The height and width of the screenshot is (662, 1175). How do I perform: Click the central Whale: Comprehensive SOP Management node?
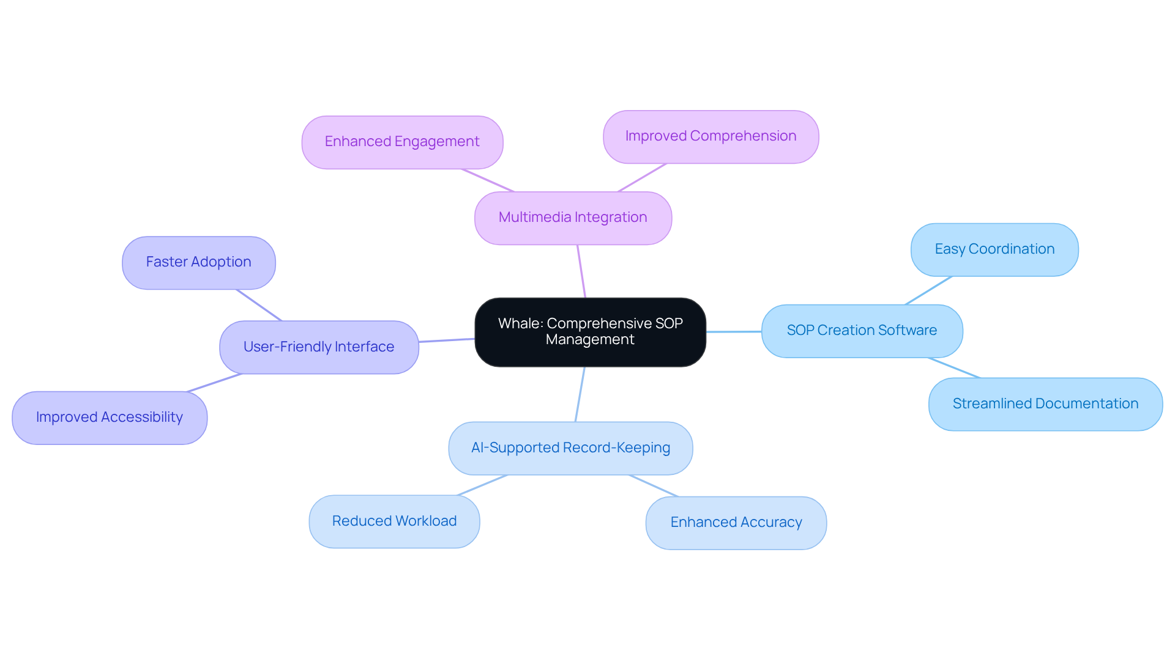[590, 332]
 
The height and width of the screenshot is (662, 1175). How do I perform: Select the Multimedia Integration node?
[573, 218]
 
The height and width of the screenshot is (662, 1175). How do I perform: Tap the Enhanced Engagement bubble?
[402, 142]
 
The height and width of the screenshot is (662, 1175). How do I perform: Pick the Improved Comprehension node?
[711, 136]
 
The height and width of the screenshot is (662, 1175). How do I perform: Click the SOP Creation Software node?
[862, 331]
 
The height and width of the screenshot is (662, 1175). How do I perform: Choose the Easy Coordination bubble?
[994, 249]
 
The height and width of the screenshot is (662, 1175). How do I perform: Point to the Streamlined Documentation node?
[1045, 404]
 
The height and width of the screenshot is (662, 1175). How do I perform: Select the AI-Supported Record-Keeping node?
[570, 448]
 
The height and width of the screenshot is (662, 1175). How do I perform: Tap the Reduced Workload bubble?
[394, 521]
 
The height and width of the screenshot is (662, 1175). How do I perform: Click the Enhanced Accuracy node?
[736, 523]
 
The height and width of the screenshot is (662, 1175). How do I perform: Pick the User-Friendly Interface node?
[319, 347]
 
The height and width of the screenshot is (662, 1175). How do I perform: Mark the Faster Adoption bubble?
[198, 262]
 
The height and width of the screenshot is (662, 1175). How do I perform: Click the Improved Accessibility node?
[110, 417]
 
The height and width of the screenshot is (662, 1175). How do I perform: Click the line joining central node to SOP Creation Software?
[734, 332]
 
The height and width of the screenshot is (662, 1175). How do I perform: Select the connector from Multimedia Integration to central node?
[581, 271]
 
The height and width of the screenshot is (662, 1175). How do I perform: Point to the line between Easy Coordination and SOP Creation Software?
[928, 290]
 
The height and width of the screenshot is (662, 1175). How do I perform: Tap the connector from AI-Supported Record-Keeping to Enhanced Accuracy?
[654, 485]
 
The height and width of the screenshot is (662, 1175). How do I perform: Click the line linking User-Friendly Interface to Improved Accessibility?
[214, 383]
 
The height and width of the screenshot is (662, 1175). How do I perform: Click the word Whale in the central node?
[520, 323]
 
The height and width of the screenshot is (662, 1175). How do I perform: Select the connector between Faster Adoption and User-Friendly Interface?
[259, 305]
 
